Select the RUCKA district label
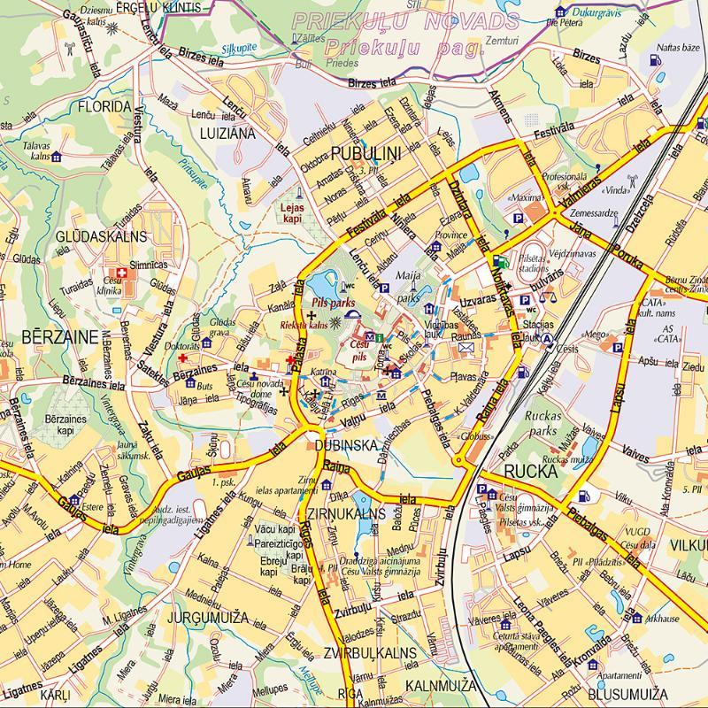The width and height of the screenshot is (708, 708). click(x=530, y=472)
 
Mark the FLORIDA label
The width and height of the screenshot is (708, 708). click(x=104, y=106)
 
